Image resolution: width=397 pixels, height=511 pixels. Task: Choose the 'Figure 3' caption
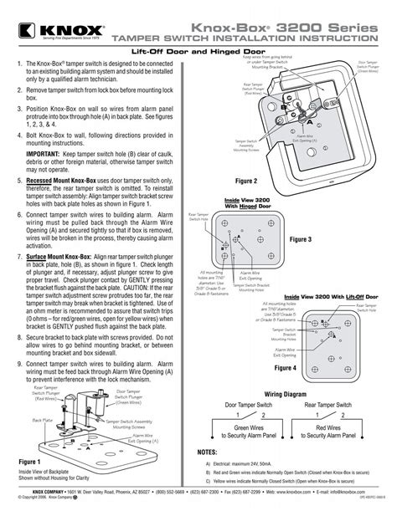point(301,240)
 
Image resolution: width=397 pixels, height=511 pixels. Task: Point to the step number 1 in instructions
point(19,64)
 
